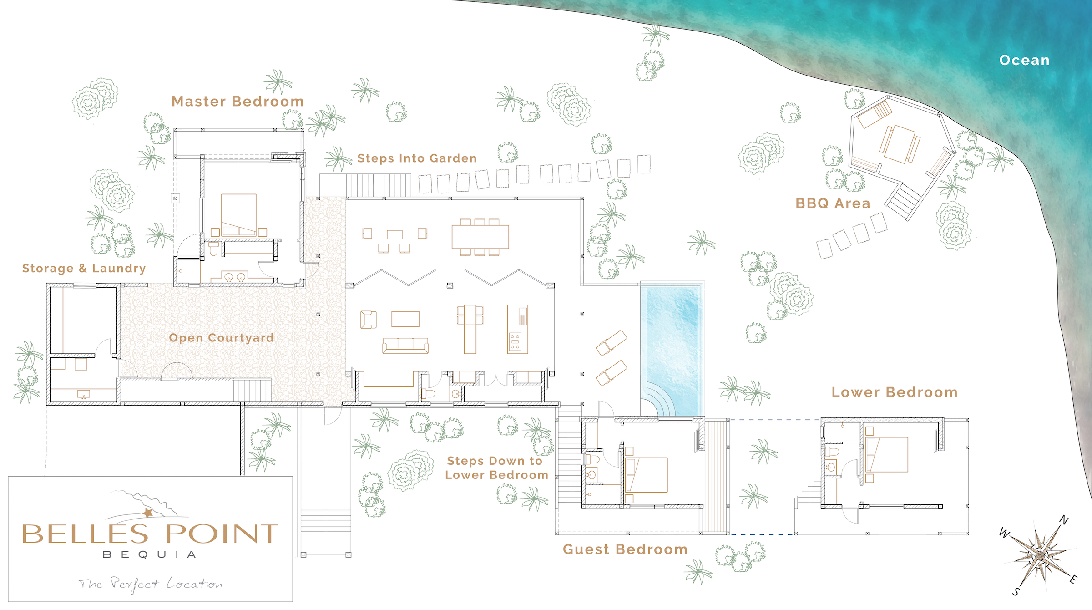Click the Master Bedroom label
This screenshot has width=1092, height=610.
pos(238,102)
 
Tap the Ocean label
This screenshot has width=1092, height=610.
pos(1024,60)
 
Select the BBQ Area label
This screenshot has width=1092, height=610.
pos(833,203)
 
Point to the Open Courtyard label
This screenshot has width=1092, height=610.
pos(222,338)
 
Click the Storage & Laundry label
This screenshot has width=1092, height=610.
pos(84,269)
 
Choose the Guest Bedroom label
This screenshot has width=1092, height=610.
pos(625,549)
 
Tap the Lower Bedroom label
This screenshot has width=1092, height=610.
pos(895,392)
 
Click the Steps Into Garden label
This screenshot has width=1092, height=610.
pos(417,158)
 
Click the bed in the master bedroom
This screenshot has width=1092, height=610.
pos(239,215)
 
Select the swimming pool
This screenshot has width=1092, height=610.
pos(672,349)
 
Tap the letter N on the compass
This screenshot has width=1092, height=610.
pos(1064,520)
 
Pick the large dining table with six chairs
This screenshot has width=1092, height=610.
pos(480,237)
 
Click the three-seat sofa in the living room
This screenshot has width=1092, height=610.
pos(405,346)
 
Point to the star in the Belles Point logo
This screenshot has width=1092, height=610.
pos(148,513)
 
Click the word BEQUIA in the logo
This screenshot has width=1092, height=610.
pos(150,554)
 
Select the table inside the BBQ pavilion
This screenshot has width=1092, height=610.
pos(900,144)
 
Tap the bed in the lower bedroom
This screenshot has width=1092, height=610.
pos(887,454)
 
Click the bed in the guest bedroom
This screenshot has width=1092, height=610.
pos(647,475)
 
